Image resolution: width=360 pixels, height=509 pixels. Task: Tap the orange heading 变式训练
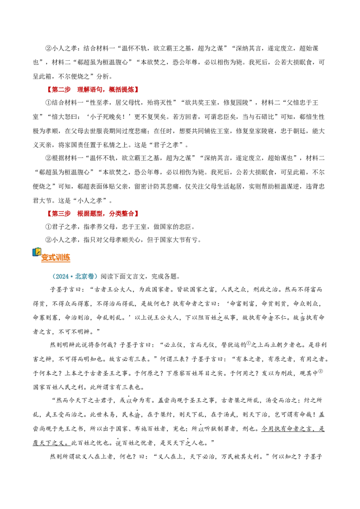pos(55,258)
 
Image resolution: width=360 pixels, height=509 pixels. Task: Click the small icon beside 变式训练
pos(37,253)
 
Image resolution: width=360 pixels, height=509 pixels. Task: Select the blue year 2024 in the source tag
pos(62,276)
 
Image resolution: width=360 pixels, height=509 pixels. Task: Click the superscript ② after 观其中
pos(320,371)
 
